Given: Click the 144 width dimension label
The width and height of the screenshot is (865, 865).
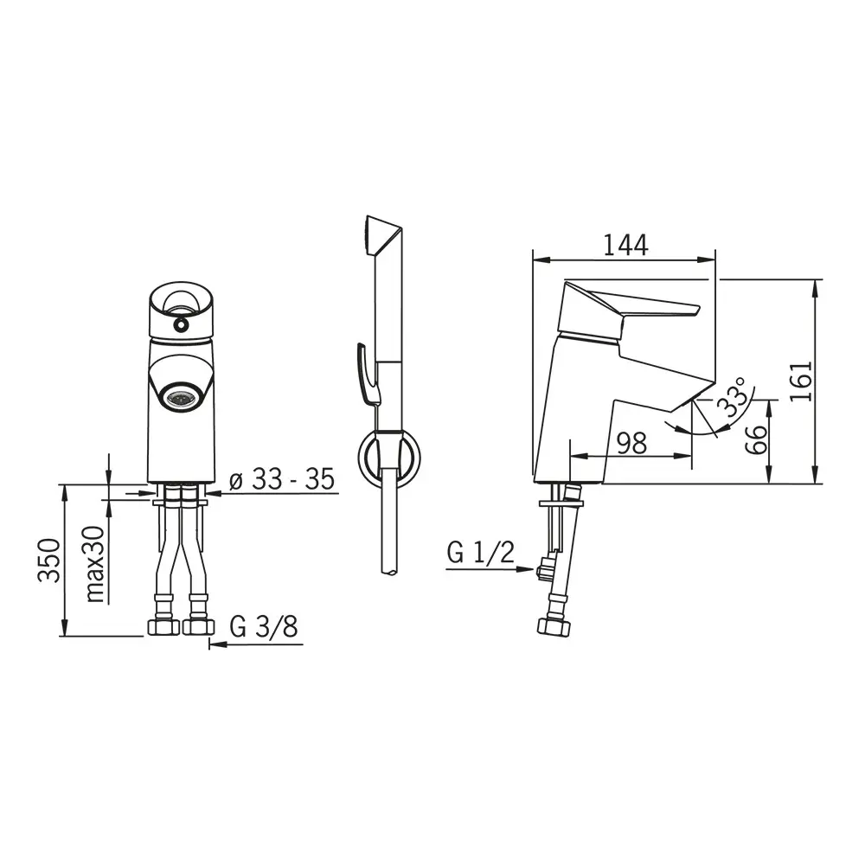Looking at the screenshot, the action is coord(625,245).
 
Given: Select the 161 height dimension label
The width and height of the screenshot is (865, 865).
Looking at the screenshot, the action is coord(801,381).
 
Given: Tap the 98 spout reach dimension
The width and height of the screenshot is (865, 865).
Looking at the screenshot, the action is coord(631,443).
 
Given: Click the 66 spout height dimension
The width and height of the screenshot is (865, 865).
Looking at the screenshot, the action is coord(756,439).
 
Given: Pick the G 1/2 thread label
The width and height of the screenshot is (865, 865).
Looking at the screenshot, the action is coord(480,552).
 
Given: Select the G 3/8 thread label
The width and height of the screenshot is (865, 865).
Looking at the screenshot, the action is coord(264,626).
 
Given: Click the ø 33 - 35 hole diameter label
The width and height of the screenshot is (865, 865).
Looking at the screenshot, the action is coord(282,479).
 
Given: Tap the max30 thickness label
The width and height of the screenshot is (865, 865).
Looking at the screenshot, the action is coord(94,564).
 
